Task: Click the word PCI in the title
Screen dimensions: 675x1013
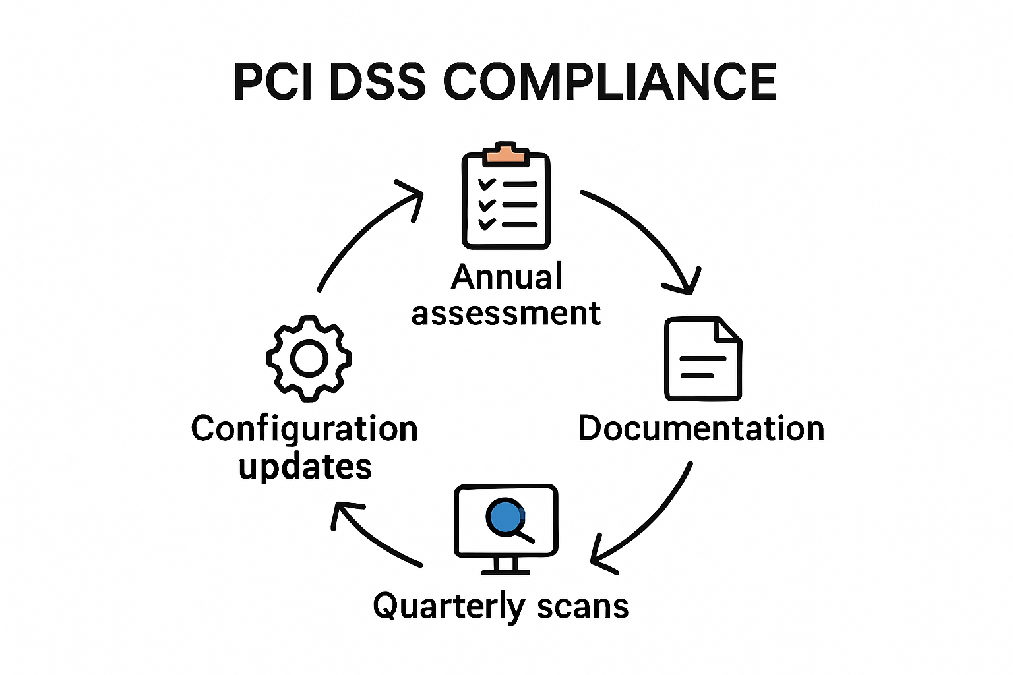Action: pyautogui.click(x=273, y=82)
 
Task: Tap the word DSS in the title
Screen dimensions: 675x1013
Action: pyautogui.click(x=376, y=82)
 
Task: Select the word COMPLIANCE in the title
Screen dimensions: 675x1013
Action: pyautogui.click(x=610, y=82)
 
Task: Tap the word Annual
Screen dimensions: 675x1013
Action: pyautogui.click(x=506, y=277)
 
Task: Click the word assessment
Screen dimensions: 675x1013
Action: pyautogui.click(x=506, y=314)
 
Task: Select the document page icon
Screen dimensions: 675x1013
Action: pyautogui.click(x=703, y=359)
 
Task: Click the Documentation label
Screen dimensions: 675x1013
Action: pyautogui.click(x=701, y=428)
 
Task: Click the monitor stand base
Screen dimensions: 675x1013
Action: pyautogui.click(x=506, y=570)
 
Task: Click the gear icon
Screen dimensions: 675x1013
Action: pyautogui.click(x=309, y=359)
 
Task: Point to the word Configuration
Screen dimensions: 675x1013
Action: pyautogui.click(x=304, y=430)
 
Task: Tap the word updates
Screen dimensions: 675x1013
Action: pyautogui.click(x=305, y=467)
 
